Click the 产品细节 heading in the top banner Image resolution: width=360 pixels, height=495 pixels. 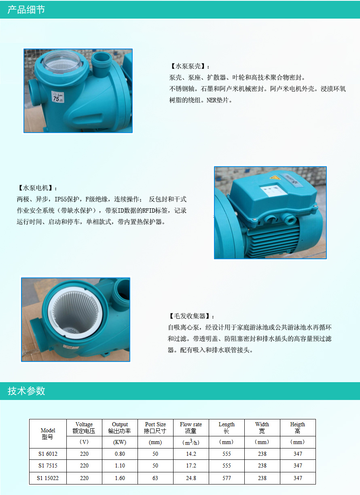click(26, 10)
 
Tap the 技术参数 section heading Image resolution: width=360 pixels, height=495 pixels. click(26, 391)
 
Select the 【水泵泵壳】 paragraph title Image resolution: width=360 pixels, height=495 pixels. click(190, 66)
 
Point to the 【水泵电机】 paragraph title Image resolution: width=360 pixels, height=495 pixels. click(37, 188)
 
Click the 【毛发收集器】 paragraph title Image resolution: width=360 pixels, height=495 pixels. click(191, 316)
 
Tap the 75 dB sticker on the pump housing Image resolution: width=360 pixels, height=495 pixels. click(58, 97)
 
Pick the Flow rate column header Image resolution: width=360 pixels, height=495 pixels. click(191, 427)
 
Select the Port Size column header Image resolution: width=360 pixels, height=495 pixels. click(155, 427)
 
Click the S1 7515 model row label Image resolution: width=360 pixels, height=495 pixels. click(48, 465)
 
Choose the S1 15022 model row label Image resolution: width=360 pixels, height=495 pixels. click(48, 478)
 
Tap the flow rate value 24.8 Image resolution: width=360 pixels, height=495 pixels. click(191, 478)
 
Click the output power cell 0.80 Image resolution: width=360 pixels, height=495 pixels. click(120, 454)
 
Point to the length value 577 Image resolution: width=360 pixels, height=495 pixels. click(227, 478)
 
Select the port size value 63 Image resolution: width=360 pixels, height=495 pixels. click(155, 478)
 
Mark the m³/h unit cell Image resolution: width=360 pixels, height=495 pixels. click(191, 442)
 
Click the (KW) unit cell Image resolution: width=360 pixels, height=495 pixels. click(120, 442)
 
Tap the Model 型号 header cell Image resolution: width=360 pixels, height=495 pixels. click(48, 434)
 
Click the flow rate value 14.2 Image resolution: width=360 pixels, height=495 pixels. click(191, 454)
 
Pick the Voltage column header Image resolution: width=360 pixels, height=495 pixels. click(84, 427)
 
